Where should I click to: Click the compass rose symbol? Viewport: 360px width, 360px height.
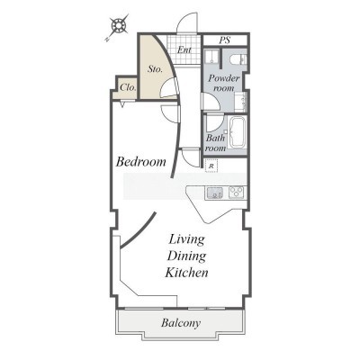click(119, 26)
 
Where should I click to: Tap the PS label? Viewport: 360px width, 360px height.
click(225, 40)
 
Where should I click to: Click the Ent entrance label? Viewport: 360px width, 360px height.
click(184, 49)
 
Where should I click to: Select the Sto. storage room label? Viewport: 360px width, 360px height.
click(156, 69)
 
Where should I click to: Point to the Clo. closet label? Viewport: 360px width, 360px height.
click(129, 87)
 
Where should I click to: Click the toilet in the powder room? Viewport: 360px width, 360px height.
click(238, 59)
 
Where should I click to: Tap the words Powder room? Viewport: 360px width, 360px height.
click(224, 83)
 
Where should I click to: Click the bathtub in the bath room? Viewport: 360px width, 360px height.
click(238, 132)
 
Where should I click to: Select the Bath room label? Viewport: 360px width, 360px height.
click(216, 143)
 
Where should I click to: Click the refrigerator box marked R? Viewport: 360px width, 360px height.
click(211, 166)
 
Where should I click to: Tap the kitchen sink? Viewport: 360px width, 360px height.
click(214, 193)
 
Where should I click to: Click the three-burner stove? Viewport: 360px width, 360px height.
click(237, 192)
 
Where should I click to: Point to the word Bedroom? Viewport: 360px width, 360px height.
click(140, 162)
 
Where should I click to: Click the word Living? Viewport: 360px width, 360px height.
click(186, 239)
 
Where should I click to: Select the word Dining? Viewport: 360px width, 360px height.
click(186, 256)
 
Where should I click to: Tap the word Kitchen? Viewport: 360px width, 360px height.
click(186, 273)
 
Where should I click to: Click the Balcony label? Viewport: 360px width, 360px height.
click(181, 323)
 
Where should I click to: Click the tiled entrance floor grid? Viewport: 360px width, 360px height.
click(184, 49)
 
